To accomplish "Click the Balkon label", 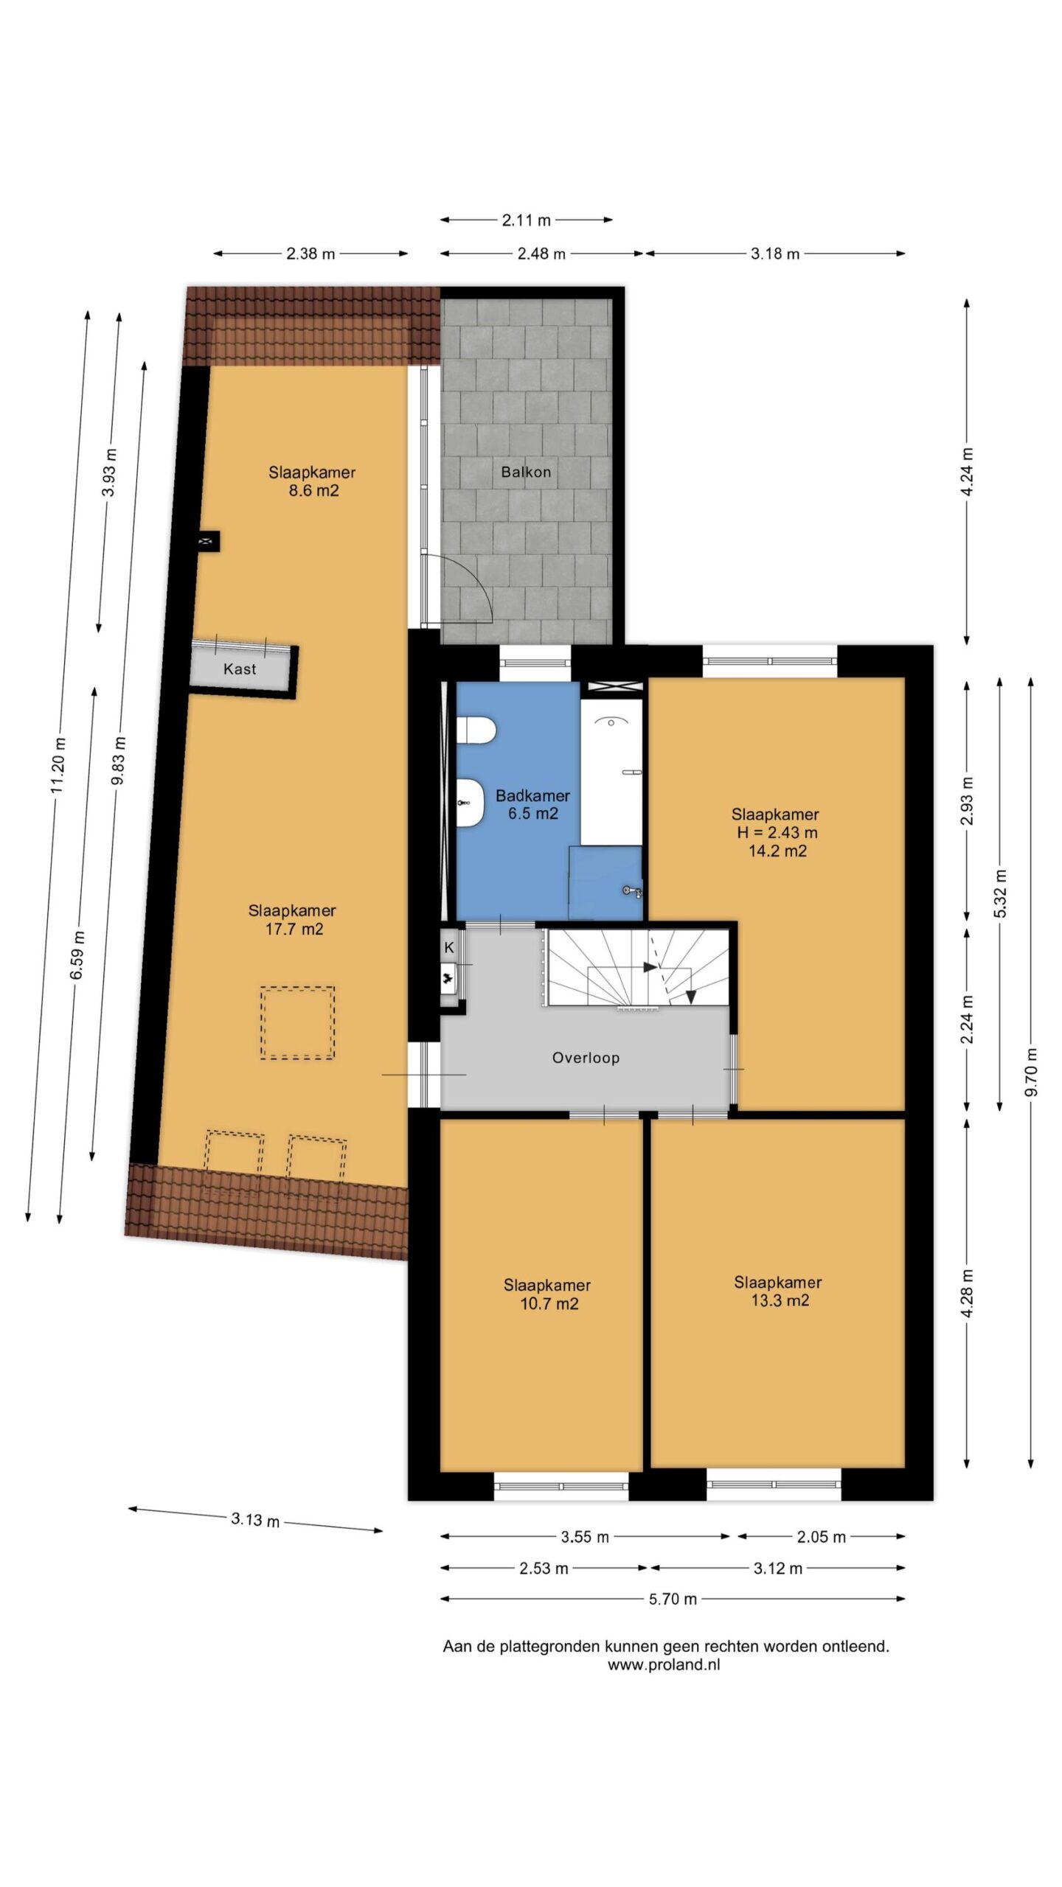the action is [526, 472].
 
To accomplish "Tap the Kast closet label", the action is [240, 669].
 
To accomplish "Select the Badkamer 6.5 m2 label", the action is [532, 804].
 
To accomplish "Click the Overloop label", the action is [586, 1058].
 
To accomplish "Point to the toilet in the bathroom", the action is [476, 730].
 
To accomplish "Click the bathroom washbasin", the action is [470, 803].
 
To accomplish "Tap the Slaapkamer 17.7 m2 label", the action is [293, 920].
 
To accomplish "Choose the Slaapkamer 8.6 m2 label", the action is [312, 481].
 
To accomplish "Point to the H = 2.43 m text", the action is [777, 833].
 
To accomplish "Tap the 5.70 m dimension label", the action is [673, 1599].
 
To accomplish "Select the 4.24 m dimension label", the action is [968, 471].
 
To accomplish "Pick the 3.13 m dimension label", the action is [255, 1519].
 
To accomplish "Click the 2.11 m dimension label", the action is [527, 220].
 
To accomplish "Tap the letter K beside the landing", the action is [448, 948].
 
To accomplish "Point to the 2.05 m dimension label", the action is [821, 1537].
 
